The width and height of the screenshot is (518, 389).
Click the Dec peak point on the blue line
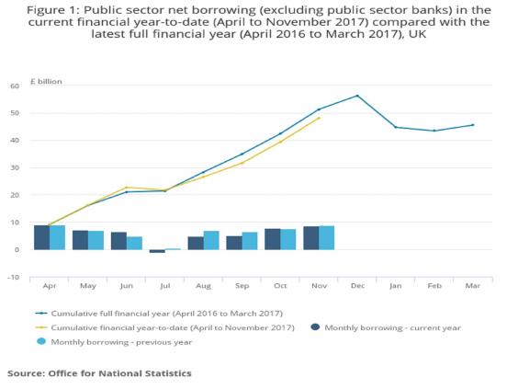coord(357,96)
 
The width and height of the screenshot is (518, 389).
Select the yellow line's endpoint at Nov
coord(319,118)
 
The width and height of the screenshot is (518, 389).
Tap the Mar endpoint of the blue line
coord(473,125)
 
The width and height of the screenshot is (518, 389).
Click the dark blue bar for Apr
coord(41,237)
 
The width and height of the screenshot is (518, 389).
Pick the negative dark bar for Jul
coord(157,251)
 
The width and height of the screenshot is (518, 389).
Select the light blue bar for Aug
coord(211,240)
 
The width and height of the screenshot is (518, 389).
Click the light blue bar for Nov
coord(327,237)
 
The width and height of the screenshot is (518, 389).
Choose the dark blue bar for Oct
coord(273,239)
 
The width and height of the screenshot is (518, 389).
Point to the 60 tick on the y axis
coord(15,86)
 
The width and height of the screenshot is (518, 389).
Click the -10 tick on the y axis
coord(13,277)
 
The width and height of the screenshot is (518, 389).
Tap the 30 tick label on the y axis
coord(15,168)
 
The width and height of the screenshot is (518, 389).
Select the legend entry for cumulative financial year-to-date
coord(171,327)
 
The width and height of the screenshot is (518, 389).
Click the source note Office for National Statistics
coord(99,373)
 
